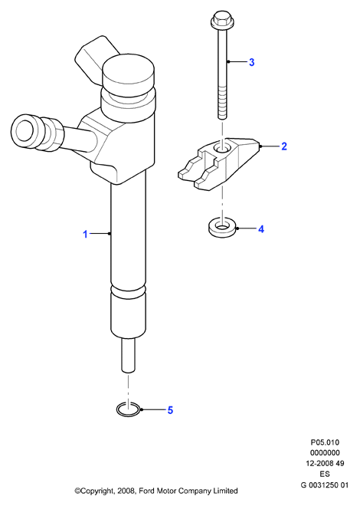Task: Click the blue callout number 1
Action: (86, 234)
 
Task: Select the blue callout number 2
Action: (284, 146)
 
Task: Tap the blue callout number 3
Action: (252, 62)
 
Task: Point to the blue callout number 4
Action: (261, 229)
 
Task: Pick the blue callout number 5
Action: (170, 410)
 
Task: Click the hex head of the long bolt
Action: (222, 19)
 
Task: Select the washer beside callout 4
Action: (221, 228)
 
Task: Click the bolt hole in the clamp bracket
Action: (221, 148)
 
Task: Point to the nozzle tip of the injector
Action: (128, 356)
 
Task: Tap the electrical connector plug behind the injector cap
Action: (94, 59)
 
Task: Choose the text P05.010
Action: (325, 442)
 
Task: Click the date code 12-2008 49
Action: (325, 463)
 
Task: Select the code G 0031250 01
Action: (325, 485)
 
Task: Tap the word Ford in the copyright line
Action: (146, 491)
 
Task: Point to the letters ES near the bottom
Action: (325, 474)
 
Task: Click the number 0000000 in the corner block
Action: (325, 453)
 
